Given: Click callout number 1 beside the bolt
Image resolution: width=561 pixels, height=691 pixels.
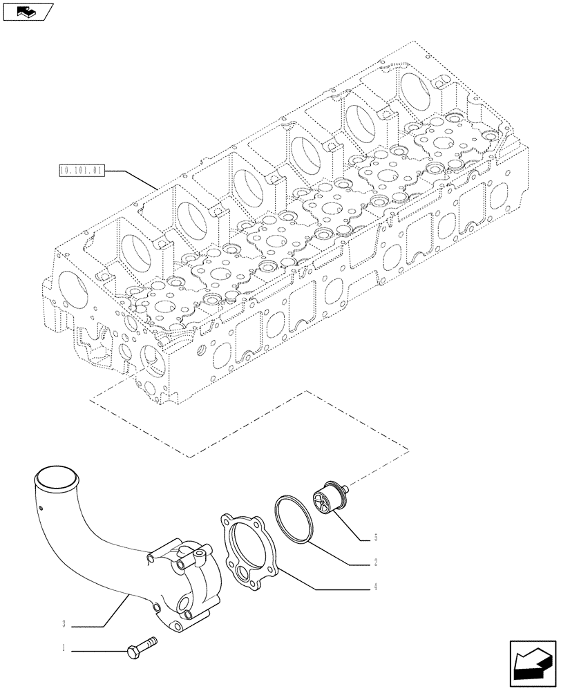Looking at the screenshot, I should (64, 649).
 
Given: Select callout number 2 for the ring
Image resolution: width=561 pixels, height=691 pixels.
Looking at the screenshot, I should (375, 562).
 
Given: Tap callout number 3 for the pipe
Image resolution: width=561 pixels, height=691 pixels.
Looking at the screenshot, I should (64, 625).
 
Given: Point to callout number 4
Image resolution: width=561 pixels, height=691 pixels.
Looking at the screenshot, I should (375, 587).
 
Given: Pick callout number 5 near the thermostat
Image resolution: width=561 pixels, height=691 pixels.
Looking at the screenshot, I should (375, 537).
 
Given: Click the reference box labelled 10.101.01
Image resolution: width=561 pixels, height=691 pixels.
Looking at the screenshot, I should (82, 169).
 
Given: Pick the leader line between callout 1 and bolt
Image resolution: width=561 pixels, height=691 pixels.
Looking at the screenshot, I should (97, 649).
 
